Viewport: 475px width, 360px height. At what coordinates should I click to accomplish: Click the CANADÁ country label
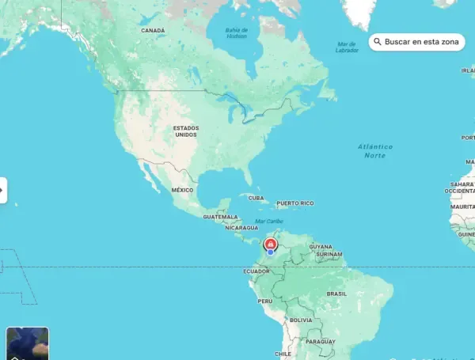[153, 30]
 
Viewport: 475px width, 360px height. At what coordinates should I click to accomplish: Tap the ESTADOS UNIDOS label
[186, 131]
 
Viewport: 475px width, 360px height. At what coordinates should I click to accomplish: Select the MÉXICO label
[183, 190]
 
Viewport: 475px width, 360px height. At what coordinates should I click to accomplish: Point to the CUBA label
[256, 198]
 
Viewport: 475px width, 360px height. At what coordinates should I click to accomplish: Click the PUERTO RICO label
[295, 203]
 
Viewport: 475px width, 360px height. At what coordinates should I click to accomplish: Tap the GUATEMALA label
[220, 217]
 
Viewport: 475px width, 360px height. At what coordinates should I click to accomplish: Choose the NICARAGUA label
[241, 228]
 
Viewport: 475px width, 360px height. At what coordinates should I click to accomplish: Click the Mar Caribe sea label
[269, 221]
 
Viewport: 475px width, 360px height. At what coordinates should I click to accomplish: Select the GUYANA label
[321, 247]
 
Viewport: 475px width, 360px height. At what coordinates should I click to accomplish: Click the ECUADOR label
[256, 271]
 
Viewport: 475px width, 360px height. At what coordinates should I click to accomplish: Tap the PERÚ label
[265, 301]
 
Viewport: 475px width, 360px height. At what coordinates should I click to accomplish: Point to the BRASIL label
[337, 294]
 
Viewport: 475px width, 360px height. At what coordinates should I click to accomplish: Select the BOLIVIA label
[301, 320]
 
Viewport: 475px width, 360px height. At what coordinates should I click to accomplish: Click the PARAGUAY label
[321, 341]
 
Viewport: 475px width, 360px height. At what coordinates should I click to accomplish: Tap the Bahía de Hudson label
[236, 33]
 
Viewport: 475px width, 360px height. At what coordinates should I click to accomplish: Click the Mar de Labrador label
[347, 47]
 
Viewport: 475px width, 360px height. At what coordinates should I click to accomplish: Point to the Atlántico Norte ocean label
[374, 151]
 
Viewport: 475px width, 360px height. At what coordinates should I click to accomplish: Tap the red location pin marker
[271, 244]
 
